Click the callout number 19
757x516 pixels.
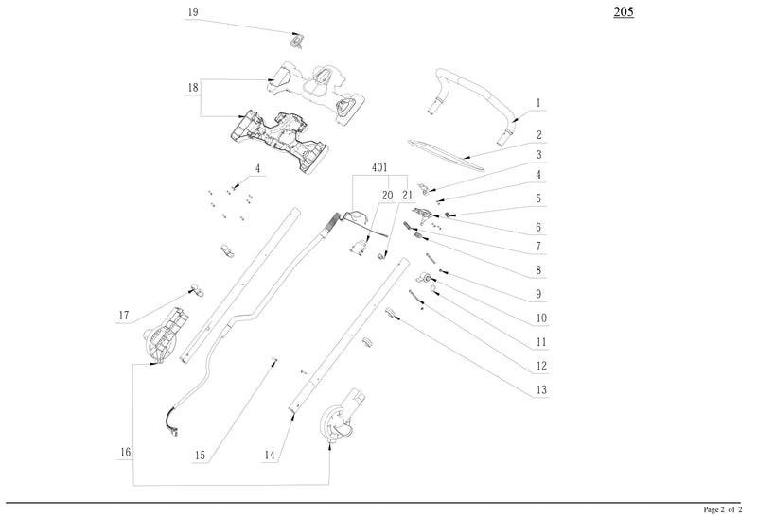click(193, 12)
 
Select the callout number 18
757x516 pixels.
click(193, 87)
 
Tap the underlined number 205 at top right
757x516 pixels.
click(625, 12)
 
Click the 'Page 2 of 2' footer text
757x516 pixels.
click(725, 508)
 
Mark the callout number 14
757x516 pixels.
click(270, 455)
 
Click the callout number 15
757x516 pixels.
click(200, 455)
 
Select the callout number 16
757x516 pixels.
click(126, 453)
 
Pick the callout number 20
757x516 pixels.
click(386, 196)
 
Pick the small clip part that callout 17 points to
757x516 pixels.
click(193, 286)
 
